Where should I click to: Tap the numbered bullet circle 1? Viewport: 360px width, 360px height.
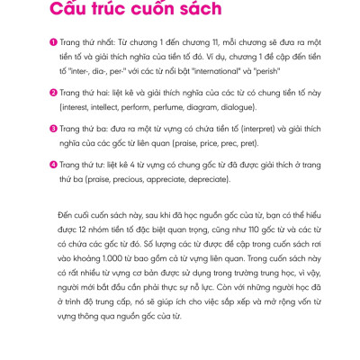click(54, 43)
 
